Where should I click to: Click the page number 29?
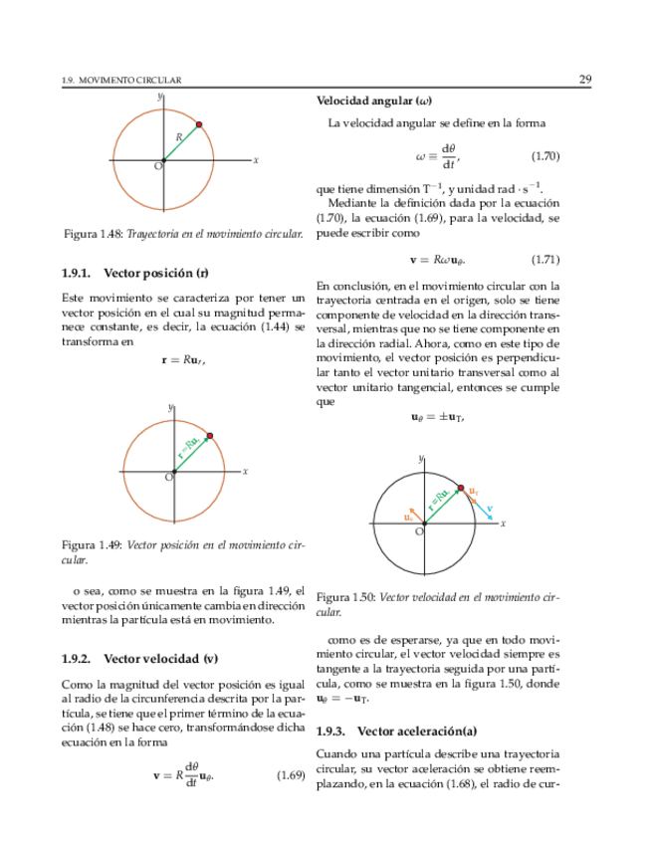(x=585, y=79)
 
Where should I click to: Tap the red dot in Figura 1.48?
(x=199, y=124)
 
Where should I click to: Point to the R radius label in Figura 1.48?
(x=179, y=136)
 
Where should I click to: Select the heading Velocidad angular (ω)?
(x=373, y=101)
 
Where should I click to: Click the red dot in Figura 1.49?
(x=209, y=435)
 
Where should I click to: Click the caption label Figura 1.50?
(x=345, y=597)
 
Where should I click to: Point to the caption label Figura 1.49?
(x=92, y=545)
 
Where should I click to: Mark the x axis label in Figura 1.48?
(x=256, y=159)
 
